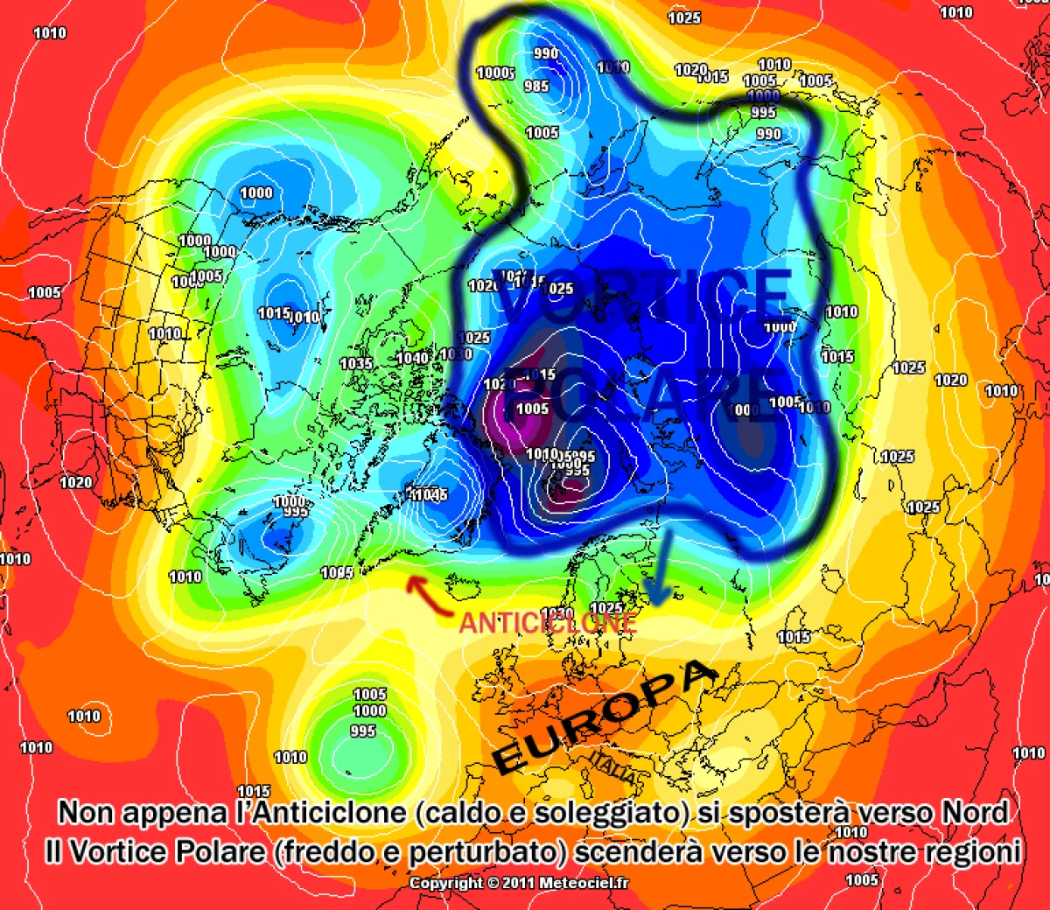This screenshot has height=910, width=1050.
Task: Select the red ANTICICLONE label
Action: tap(548, 622)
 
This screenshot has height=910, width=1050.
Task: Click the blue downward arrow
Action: tap(658, 569)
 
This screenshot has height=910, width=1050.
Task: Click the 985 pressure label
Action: tap(536, 86)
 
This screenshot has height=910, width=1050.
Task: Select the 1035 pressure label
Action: tap(356, 363)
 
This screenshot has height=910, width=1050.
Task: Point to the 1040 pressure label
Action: tap(412, 358)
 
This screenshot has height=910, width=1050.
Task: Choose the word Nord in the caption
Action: tap(975, 813)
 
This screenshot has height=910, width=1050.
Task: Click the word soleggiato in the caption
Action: tap(606, 813)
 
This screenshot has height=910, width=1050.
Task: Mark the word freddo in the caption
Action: tap(326, 851)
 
